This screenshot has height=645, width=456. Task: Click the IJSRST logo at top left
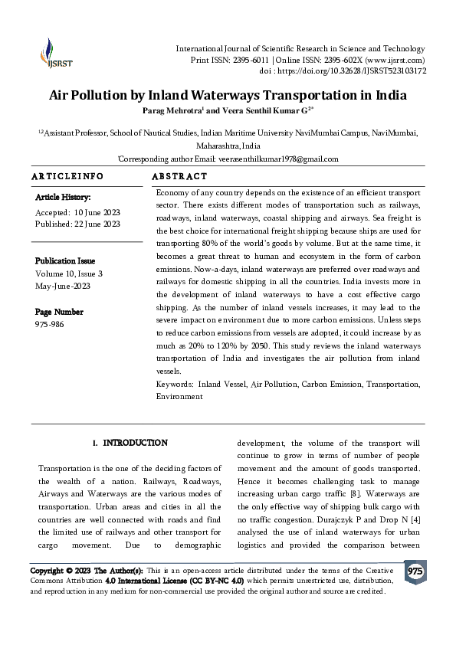[51, 54]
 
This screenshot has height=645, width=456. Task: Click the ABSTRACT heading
[181, 176]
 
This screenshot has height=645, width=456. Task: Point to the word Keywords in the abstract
[175, 382]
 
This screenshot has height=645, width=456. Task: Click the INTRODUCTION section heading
[136, 443]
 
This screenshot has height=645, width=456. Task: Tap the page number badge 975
[415, 572]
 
